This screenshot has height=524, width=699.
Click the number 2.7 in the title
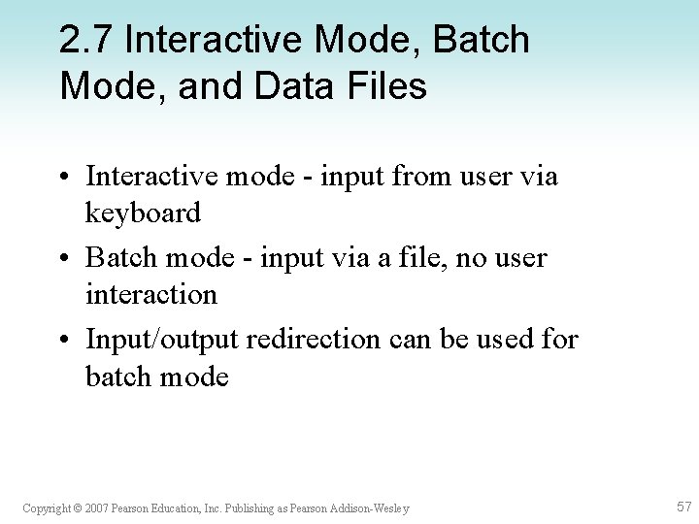coord(87,41)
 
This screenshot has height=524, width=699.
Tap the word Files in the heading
coord(396,86)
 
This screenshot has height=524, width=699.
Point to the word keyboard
coord(143,213)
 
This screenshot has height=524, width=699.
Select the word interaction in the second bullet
coord(150,294)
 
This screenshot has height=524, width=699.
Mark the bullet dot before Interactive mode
coord(64,178)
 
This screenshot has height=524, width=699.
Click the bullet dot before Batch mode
coord(64,259)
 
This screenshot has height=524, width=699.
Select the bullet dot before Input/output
coord(64,341)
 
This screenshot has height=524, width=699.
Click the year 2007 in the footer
coord(95,508)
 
